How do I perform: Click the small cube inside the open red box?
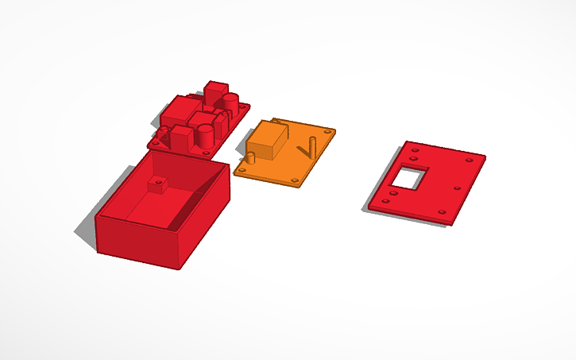[158, 184]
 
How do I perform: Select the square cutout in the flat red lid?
[410, 178]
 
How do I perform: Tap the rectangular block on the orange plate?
[267, 141]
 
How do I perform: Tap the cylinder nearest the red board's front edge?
[205, 136]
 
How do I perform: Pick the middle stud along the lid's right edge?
[457, 188]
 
